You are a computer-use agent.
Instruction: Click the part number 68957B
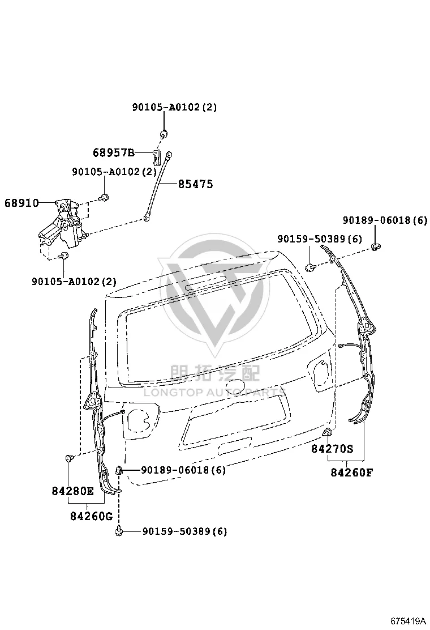[x=114, y=152]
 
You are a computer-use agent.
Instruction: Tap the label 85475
[x=195, y=184]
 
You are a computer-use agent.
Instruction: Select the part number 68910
[x=21, y=203]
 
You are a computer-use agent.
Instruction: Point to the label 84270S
[x=332, y=448]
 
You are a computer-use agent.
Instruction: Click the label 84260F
[x=351, y=472]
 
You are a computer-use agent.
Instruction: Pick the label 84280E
[x=72, y=491]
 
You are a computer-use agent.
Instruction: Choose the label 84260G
[x=92, y=516]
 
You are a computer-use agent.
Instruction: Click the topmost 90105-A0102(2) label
[x=174, y=107]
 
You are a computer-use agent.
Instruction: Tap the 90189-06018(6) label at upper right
[x=385, y=220]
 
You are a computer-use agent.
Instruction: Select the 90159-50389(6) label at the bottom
[x=184, y=531]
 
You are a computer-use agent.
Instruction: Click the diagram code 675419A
[x=408, y=621]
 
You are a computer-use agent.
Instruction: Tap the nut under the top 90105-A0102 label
[x=164, y=133]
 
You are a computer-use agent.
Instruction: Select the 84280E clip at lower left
[x=69, y=458]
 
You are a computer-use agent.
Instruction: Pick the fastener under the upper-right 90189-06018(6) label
[x=376, y=246]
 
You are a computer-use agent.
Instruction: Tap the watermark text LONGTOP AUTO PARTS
[x=214, y=392]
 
